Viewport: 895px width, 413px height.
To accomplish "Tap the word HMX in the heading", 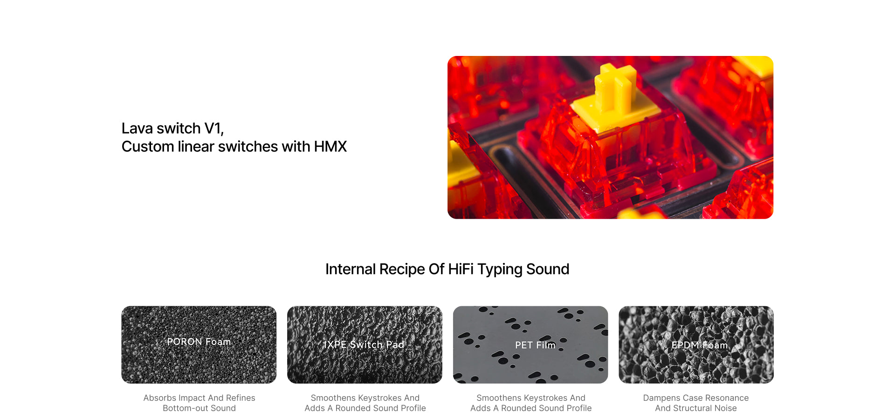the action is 330,147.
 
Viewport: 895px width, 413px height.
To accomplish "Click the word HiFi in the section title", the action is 461,269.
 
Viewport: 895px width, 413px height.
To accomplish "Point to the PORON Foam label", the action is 199,342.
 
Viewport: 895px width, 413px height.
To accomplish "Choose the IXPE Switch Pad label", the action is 365,344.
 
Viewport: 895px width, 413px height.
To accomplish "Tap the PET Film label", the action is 535,345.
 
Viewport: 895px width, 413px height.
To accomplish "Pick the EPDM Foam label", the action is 700,345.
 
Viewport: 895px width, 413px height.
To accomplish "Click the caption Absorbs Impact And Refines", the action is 199,398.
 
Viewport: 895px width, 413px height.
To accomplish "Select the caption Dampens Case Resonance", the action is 696,398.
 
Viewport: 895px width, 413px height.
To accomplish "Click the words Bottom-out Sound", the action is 199,408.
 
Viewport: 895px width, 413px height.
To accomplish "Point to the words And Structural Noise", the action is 696,408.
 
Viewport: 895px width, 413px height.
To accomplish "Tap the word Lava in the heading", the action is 138,129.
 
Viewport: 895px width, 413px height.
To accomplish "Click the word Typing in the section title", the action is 500,270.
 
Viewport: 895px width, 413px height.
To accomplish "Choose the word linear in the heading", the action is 196,147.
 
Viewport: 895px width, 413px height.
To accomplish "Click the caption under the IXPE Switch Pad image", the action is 365,403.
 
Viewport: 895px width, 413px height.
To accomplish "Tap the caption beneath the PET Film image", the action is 531,403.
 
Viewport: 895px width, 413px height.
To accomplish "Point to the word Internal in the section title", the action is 351,269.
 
